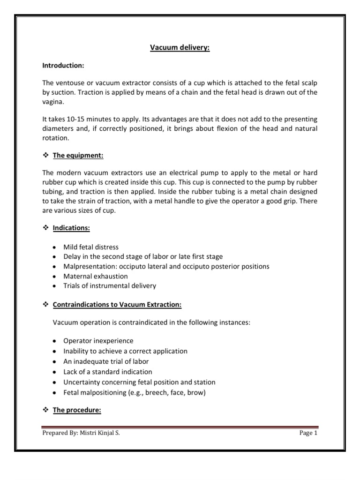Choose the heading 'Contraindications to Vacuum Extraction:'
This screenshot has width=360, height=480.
coord(117,305)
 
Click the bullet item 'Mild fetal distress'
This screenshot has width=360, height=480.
coord(91,247)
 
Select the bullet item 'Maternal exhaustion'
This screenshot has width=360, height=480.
coord(96,276)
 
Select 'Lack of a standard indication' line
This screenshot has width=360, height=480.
coord(107,372)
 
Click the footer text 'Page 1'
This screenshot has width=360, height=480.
coord(308,433)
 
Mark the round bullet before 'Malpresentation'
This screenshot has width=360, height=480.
coord(54,266)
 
